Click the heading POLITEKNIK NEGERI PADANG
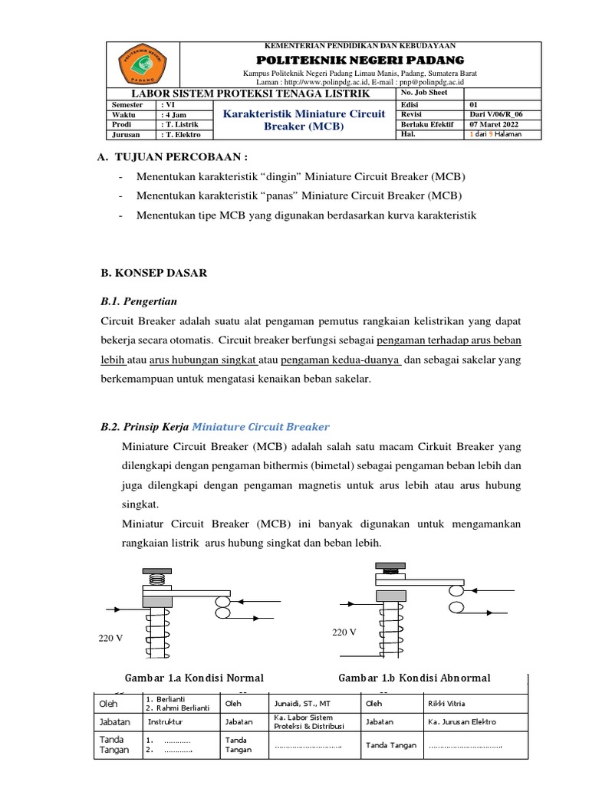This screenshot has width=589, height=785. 360,59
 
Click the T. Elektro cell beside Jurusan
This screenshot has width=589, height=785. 182,134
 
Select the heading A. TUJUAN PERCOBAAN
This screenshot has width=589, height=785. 170,157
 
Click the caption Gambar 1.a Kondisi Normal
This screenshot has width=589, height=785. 193,678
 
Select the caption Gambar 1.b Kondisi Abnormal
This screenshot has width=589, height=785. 413,678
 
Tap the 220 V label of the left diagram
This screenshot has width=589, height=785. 112,639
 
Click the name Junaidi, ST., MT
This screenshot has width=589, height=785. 300,704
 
